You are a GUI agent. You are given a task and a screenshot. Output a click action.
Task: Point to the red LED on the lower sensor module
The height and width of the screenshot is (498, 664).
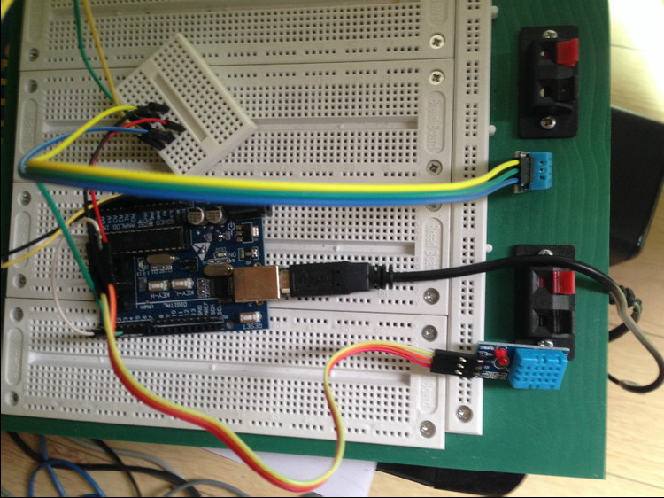[x=499, y=359]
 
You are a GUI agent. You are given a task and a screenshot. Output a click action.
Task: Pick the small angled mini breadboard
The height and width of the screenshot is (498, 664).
[x=185, y=106]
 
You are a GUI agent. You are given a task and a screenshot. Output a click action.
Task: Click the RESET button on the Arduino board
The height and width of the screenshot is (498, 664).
[x=251, y=316]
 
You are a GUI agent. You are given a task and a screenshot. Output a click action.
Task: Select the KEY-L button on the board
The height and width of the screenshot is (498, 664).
[x=158, y=286]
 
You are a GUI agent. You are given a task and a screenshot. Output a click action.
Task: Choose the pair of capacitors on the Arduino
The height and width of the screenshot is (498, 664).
[x=209, y=215]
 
